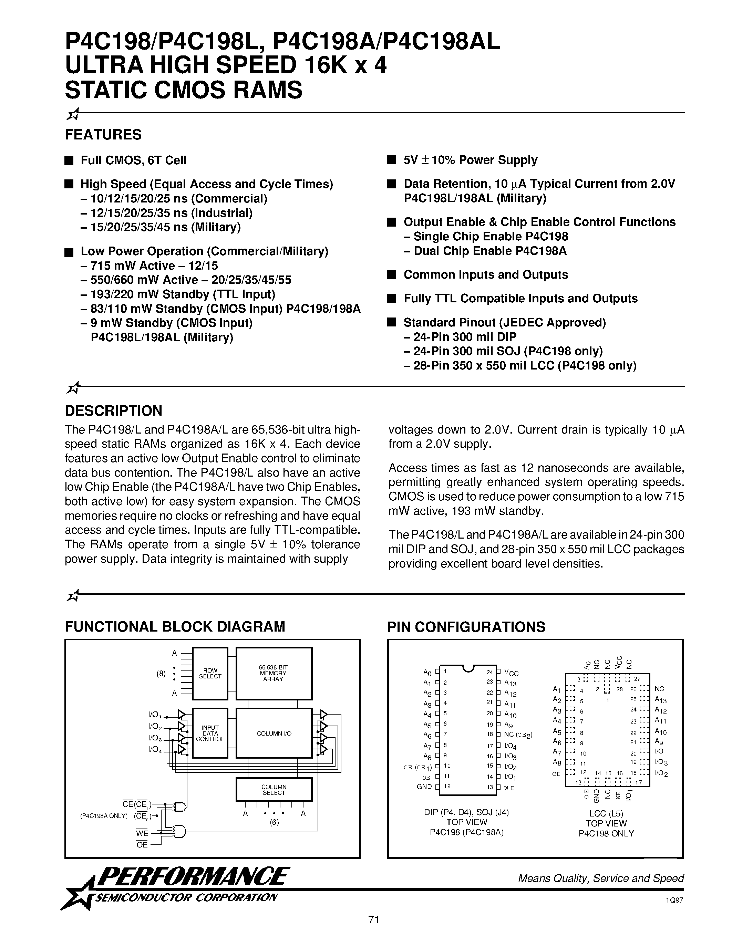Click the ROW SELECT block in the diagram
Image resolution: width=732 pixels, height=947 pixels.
(x=210, y=673)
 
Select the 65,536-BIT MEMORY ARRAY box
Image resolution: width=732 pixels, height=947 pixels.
(x=274, y=673)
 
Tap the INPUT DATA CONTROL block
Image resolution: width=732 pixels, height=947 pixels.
(x=210, y=733)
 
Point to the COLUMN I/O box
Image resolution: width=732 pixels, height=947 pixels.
(x=274, y=733)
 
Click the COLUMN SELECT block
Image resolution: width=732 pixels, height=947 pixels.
(x=274, y=790)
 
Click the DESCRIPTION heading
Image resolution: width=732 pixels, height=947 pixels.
(x=114, y=410)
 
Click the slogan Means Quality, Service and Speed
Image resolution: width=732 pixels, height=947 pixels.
(x=601, y=878)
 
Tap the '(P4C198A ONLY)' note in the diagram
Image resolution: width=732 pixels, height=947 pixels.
(x=104, y=816)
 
